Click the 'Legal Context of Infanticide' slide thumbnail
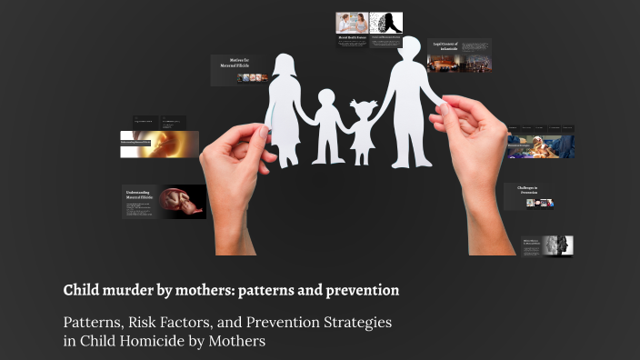(x=459, y=55)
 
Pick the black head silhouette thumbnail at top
(x=385, y=22)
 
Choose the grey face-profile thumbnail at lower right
(x=557, y=245)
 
